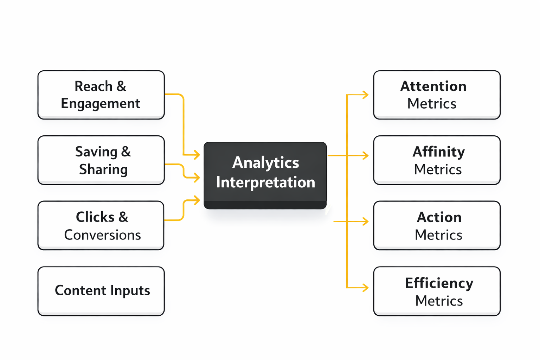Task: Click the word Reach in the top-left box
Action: click(x=93, y=86)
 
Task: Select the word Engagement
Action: click(x=101, y=104)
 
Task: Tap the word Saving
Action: click(x=96, y=152)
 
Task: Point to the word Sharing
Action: click(x=103, y=169)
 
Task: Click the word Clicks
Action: click(x=95, y=217)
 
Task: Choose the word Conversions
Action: click(x=102, y=235)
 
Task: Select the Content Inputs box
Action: click(x=101, y=291)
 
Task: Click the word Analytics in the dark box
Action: click(x=265, y=163)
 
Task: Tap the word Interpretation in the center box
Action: click(x=265, y=182)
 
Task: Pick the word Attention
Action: click(x=433, y=86)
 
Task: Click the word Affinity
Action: click(x=438, y=152)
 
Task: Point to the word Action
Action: click(x=439, y=217)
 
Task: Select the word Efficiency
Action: click(x=439, y=283)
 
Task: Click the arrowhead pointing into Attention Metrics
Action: click(x=366, y=95)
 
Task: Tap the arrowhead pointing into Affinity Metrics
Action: click(x=366, y=155)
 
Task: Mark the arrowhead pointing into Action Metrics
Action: click(x=366, y=221)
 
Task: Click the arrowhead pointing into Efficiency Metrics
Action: click(x=366, y=288)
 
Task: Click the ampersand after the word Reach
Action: click(x=121, y=86)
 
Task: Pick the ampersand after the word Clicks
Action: click(x=123, y=217)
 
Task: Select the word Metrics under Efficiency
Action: click(x=439, y=301)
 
